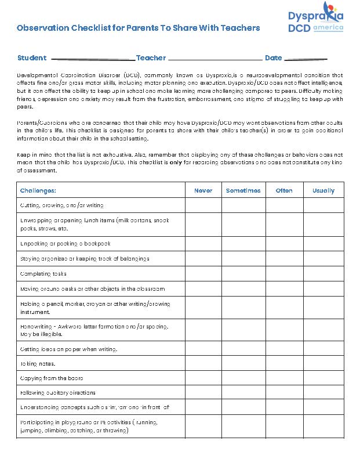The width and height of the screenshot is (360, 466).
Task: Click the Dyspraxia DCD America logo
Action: [x=315, y=20]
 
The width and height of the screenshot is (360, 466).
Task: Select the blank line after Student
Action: [x=93, y=58]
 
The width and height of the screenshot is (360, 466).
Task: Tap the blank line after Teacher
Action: [x=214, y=58]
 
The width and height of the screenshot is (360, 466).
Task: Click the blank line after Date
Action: [x=306, y=58]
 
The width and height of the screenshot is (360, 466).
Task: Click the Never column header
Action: [x=203, y=190]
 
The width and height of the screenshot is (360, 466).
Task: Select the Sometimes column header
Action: [x=243, y=190]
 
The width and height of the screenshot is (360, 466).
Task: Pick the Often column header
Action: [x=284, y=190]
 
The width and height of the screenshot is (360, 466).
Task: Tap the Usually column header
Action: [x=323, y=190]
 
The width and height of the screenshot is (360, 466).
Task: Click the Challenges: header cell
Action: [x=38, y=190]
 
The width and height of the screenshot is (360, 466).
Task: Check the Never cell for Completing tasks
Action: [x=203, y=274]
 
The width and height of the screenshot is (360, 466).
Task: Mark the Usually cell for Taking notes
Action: [x=323, y=364]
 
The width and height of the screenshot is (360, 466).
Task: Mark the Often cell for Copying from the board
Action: [x=284, y=378]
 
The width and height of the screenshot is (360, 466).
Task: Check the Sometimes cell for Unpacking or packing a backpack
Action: [x=243, y=244]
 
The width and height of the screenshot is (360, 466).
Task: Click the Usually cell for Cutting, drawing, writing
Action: [x=323, y=205]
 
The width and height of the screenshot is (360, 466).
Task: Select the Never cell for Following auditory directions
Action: [x=203, y=393]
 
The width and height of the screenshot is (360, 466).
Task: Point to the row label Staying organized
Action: [x=85, y=259]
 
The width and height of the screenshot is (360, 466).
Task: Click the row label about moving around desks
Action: [x=92, y=288]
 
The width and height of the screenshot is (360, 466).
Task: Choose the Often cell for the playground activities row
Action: [x=284, y=427]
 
